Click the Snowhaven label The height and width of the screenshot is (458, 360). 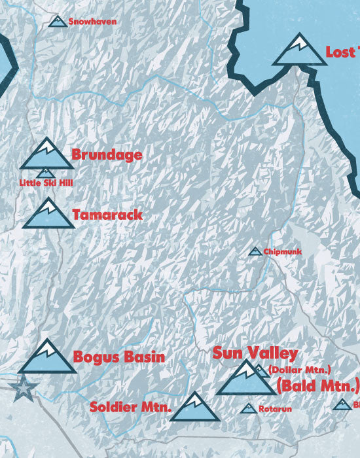coord(92,22)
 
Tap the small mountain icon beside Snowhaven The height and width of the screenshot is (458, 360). coord(58,22)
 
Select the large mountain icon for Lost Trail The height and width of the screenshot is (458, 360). coord(299,50)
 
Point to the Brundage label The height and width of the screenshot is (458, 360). coord(107,155)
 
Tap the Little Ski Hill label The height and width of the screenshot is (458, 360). coord(45,183)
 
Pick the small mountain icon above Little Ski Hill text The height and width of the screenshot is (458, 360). coord(46,173)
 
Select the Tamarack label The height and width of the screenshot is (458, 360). coord(107,214)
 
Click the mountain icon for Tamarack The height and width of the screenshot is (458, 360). coord(48,214)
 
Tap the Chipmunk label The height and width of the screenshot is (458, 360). coord(282,251)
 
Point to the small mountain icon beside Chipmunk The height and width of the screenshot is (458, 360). coord(255,251)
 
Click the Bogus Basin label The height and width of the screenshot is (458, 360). coord(118,357)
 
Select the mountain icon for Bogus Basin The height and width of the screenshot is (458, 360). coord(47,357)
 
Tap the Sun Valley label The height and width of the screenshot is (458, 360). coord(255,353)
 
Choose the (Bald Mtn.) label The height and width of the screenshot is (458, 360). coord(318,384)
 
